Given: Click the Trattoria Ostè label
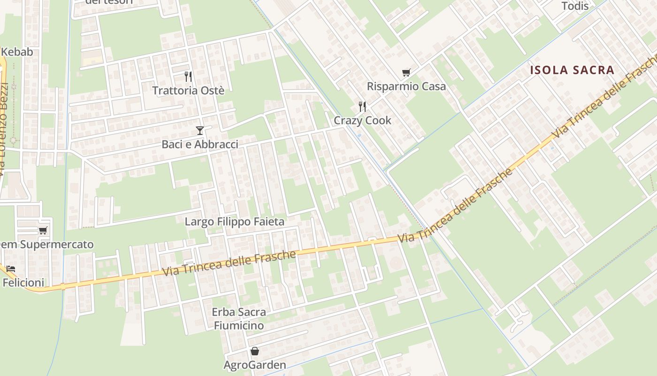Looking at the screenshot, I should click(x=188, y=91).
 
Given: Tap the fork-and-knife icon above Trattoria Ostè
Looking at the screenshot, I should click(x=188, y=76).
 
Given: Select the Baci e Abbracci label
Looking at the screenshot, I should click(x=200, y=144).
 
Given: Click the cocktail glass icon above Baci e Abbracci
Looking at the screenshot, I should click(x=200, y=130).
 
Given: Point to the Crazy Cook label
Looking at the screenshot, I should click(x=362, y=120).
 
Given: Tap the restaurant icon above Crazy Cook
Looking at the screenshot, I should click(x=362, y=106).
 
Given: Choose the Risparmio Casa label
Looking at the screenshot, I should click(x=406, y=86).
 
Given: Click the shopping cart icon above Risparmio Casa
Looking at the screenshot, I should click(x=406, y=72).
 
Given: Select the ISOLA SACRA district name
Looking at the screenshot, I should click(x=572, y=70).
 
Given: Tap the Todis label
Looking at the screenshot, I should click(x=575, y=6).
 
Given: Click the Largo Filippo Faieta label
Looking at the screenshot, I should click(x=235, y=221).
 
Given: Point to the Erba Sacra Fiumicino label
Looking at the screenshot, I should click(x=238, y=319).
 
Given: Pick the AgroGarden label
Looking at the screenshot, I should click(x=255, y=365).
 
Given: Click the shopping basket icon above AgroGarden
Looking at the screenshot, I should click(x=254, y=351).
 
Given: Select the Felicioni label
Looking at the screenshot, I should click(x=23, y=283).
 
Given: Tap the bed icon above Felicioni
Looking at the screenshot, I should click(x=11, y=269).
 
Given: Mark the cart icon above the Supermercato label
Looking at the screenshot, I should click(x=43, y=230).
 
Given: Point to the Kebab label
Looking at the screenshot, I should click(x=17, y=52).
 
